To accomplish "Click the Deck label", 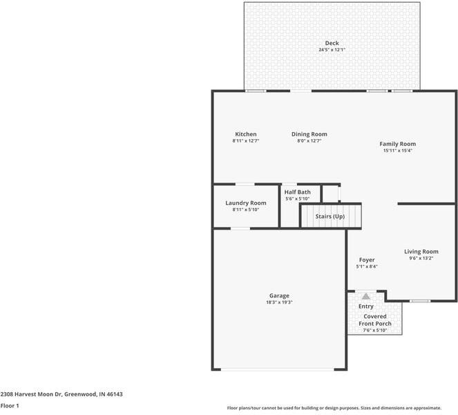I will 332,43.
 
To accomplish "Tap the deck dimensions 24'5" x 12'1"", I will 332,50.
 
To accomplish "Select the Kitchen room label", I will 245,134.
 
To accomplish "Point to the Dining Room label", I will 309,134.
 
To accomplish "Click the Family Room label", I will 397,144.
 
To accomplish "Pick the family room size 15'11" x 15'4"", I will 397,151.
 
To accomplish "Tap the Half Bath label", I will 298,192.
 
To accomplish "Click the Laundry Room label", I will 245,203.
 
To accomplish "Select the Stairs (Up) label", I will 330,216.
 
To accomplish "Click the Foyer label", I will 366,260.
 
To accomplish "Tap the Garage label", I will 278,295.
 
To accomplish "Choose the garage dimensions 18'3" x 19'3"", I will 278,302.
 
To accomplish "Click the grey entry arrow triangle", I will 366,295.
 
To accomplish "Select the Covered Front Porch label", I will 374,320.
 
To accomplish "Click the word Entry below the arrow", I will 365,306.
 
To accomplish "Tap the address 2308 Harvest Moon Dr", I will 61,394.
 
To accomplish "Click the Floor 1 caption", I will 10,406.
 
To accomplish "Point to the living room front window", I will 419,301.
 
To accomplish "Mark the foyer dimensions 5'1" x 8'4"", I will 366,267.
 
